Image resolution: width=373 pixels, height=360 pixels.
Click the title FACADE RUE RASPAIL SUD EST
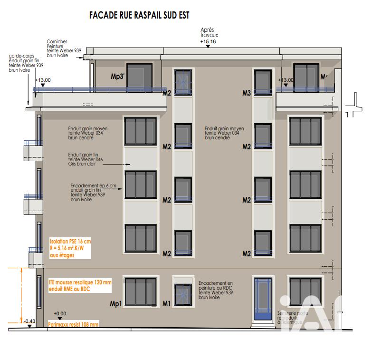(139, 16)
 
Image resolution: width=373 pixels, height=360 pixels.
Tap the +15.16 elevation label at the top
(208, 42)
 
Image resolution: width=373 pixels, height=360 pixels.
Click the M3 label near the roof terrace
(246, 93)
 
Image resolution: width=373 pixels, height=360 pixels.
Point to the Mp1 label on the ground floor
(116, 303)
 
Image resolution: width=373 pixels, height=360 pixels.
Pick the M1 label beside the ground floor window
(166, 303)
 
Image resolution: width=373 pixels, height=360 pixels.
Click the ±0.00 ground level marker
(60, 313)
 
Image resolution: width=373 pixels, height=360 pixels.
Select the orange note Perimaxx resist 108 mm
(74, 324)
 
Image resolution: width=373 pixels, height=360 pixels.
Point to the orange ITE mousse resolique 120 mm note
(80, 285)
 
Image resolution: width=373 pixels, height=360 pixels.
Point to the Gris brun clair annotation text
(86, 163)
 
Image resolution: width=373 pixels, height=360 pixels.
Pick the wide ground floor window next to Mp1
(141, 292)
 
